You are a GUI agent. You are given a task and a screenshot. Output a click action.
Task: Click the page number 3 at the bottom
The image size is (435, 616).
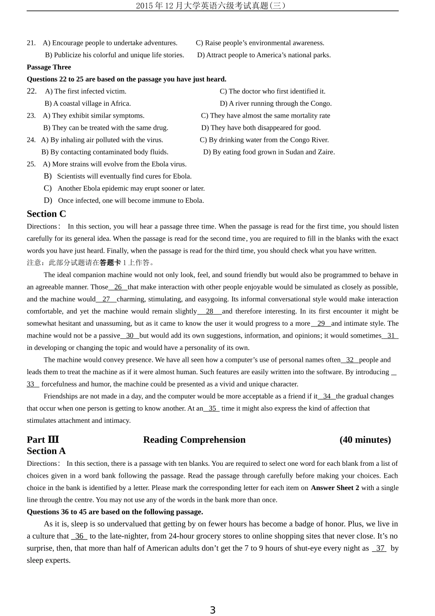point(212,610)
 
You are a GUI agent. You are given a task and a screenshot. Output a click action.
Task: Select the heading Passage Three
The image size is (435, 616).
point(49,67)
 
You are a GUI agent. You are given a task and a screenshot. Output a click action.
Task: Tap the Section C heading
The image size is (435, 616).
point(46,214)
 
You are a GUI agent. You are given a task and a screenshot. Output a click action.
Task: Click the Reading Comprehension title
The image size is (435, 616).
point(194,440)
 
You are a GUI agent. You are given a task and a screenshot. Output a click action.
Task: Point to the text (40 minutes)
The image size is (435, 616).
point(365,440)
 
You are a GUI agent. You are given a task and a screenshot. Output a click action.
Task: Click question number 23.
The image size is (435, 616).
point(31,115)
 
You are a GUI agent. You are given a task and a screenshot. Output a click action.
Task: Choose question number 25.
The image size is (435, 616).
point(31,164)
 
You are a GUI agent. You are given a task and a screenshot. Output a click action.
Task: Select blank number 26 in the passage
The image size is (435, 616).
point(118,287)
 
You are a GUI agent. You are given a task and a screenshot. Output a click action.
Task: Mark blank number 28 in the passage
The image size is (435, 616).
point(210,311)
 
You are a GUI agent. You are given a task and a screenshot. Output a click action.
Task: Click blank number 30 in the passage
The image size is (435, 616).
point(130,336)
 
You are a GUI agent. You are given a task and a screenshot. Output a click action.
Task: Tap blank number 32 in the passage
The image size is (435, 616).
point(350,360)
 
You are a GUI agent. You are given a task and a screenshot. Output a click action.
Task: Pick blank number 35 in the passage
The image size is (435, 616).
point(212,409)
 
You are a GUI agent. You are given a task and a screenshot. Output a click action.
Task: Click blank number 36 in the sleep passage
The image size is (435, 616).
point(79,536)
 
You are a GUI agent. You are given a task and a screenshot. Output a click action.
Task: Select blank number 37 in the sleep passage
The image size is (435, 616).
point(380,548)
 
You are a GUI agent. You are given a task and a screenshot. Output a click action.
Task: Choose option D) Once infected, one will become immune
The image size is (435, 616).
point(124,201)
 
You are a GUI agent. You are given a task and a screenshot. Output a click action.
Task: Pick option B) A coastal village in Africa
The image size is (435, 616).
point(88,104)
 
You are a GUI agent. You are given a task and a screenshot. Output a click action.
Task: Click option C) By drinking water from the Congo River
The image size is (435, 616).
point(264,140)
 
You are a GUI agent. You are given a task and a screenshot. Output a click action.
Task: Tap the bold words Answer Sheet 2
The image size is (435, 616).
point(335,488)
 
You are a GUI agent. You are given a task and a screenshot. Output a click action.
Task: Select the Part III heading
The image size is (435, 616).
point(43,440)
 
